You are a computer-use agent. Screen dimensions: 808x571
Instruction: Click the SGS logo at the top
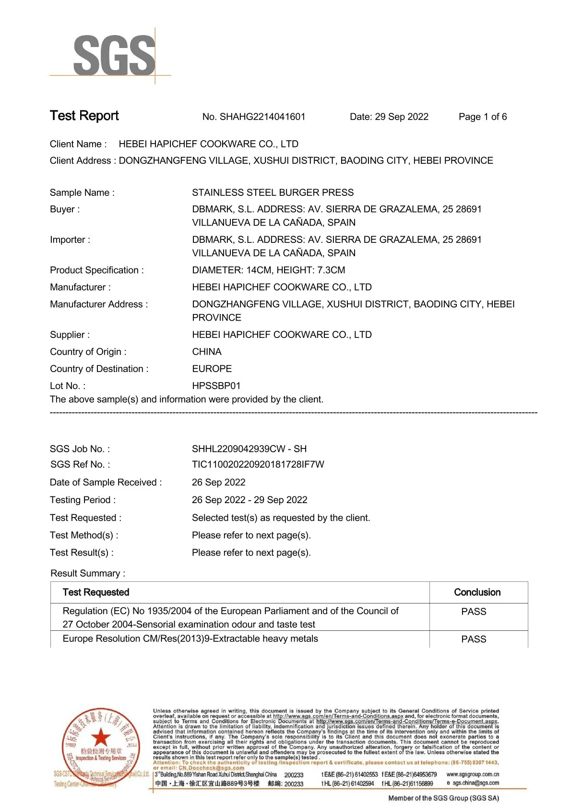(114, 55)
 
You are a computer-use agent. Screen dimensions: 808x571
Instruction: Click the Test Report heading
(84, 116)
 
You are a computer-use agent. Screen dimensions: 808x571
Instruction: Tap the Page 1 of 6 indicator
(482, 117)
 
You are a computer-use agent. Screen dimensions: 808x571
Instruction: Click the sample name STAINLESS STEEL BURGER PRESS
(273, 193)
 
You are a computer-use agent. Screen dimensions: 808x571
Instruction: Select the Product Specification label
(97, 270)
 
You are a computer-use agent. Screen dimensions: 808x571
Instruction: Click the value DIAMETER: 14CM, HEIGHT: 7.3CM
(268, 270)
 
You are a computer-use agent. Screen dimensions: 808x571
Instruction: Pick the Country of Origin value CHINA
(207, 352)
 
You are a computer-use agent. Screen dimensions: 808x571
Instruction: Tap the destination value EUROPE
(212, 369)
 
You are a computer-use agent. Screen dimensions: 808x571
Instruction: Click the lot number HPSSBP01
(216, 386)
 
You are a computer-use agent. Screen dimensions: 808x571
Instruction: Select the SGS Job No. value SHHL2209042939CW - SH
(249, 449)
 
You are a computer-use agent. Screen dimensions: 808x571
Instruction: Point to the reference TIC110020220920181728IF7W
(258, 464)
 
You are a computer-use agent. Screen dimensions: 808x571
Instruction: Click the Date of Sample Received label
(106, 482)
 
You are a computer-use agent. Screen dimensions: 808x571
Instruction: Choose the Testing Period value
(250, 500)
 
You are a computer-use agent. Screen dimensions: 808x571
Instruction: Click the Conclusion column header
(477, 592)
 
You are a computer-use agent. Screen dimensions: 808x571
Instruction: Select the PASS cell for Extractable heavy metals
(474, 639)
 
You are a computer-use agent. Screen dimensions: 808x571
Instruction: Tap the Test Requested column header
(96, 592)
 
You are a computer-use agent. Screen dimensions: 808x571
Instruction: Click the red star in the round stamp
(101, 737)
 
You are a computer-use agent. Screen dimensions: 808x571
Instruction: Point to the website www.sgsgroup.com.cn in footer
(473, 774)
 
